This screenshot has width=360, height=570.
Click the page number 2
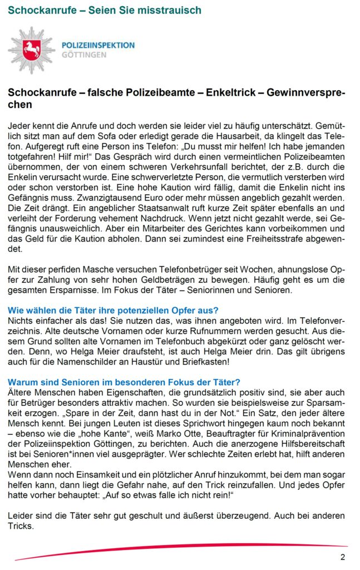pyautogui.click(x=343, y=557)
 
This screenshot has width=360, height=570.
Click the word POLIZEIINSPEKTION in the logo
pyautogui.click(x=98, y=45)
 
